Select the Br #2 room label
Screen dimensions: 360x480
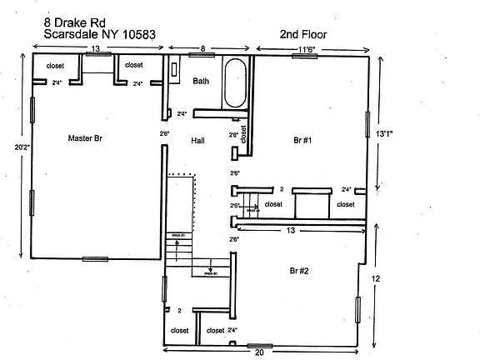tap(299, 271)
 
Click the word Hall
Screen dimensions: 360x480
tap(197, 141)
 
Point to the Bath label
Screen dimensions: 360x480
tap(201, 82)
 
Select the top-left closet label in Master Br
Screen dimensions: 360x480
tap(55, 65)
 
